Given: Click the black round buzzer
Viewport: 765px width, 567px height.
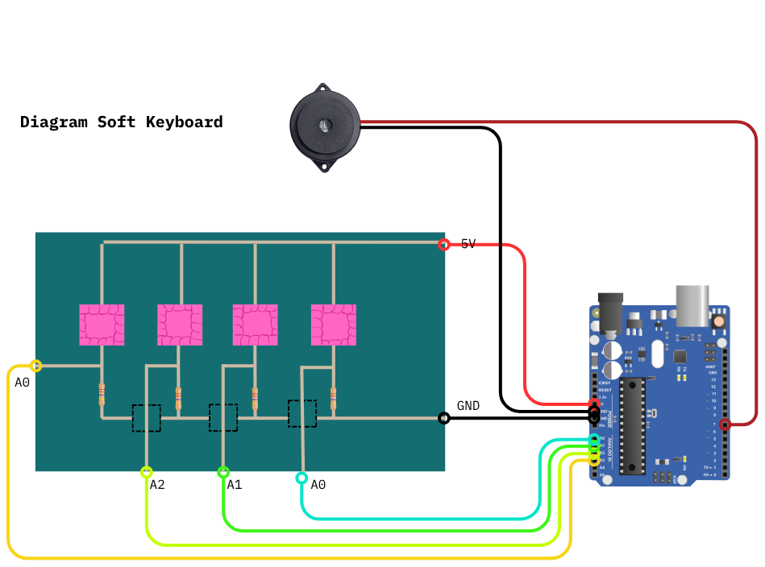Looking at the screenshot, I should (x=323, y=126).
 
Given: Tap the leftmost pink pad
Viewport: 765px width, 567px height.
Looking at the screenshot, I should (x=102, y=325).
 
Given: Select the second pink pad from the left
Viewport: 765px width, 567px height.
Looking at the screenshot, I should (x=180, y=325).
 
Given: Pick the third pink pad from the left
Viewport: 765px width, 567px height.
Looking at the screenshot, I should (x=256, y=325).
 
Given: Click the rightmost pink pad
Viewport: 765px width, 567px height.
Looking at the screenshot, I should (x=334, y=325).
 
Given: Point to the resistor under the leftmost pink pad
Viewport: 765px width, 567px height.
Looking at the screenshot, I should (x=102, y=394).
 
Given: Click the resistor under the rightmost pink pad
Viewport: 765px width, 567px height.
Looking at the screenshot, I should (x=334, y=396).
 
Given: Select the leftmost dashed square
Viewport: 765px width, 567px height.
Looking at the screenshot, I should (x=147, y=418).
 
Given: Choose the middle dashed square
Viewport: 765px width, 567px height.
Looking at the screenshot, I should (x=223, y=418).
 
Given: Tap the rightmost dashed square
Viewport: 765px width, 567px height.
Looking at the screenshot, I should (x=302, y=413).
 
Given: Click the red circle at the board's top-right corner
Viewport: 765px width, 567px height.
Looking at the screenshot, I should (x=444, y=244).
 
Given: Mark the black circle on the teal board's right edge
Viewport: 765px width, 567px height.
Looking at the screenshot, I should (x=443, y=418).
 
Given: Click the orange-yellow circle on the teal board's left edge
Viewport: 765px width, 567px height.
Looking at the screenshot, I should (x=35, y=366).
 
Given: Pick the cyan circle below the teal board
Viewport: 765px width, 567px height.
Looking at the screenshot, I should (x=301, y=478).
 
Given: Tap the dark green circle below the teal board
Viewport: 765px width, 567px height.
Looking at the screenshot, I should (x=223, y=472).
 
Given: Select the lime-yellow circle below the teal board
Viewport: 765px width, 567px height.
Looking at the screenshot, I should (x=146, y=472).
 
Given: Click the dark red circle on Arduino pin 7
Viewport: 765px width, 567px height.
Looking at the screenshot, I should (x=725, y=424).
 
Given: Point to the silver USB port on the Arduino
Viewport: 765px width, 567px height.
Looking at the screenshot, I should (x=692, y=304).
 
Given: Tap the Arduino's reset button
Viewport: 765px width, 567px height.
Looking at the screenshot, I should (x=717, y=321).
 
